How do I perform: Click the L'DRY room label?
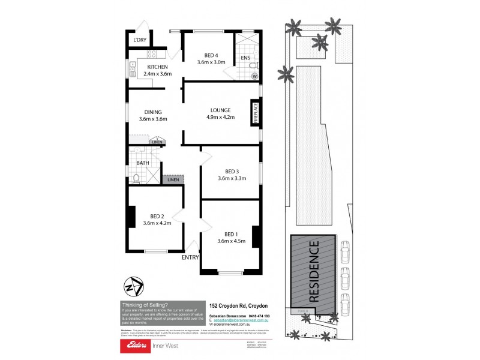140,40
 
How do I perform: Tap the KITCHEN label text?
157,67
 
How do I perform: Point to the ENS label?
245,58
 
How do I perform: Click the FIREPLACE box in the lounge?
255,113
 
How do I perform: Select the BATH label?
143,163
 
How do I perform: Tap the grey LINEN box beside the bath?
173,179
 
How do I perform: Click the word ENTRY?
190,257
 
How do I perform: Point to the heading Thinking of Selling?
145,305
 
